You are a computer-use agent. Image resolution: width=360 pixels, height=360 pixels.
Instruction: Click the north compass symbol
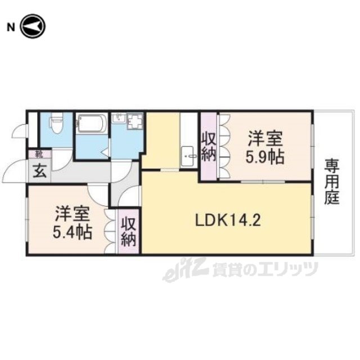click(33, 26)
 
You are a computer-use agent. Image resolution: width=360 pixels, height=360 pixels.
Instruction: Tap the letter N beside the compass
click(11, 28)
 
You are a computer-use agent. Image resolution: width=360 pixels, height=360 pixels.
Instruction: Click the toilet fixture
click(55, 123)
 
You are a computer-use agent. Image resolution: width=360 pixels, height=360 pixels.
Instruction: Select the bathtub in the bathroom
click(92, 123)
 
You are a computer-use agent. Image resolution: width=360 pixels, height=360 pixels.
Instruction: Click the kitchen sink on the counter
click(188, 156)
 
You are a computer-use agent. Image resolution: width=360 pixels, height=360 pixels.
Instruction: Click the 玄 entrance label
click(40, 171)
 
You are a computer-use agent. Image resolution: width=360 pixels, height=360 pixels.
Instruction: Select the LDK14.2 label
click(228, 220)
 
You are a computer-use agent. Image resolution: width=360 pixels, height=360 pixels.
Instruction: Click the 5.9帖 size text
click(265, 157)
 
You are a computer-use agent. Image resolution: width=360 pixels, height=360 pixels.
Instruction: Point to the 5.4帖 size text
click(73, 232)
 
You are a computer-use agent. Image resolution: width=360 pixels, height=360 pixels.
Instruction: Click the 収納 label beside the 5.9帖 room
click(209, 147)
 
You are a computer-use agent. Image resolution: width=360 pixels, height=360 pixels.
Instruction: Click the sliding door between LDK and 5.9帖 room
click(263, 182)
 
